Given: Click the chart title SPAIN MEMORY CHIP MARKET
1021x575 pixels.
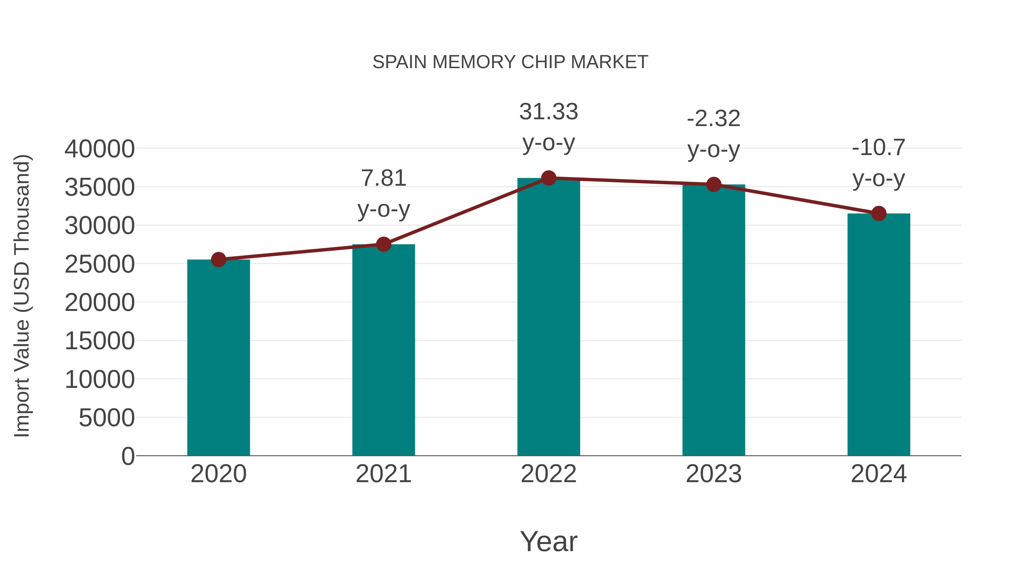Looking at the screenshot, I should (510, 62).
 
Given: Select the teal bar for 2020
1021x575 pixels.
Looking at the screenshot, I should (218, 357).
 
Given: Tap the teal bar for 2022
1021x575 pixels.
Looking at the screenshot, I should (549, 317).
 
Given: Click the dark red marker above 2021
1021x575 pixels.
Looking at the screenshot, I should (383, 244).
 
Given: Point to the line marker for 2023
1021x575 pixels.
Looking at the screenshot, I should (714, 185).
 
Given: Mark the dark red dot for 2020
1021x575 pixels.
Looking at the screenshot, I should (218, 260).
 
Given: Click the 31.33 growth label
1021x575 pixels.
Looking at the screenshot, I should (549, 112).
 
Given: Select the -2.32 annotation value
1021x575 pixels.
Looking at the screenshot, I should (714, 119).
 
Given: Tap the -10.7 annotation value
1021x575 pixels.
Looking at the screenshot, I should (879, 148).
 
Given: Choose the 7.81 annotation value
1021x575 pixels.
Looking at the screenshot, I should (383, 178).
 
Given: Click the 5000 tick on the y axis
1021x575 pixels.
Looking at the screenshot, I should (107, 418).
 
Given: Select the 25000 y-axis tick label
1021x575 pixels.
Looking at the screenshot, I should (100, 264).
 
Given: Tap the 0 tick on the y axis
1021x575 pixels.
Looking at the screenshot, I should (128, 456).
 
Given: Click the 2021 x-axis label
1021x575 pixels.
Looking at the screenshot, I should (383, 474).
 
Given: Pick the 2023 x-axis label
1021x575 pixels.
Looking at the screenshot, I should (714, 474).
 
